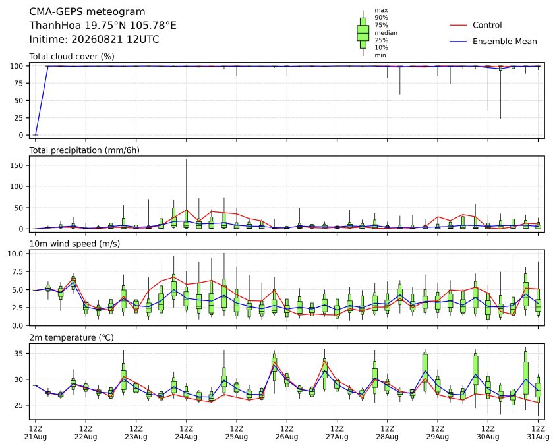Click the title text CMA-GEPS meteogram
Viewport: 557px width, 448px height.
click(x=87, y=12)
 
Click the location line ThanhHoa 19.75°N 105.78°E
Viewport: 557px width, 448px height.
click(x=103, y=26)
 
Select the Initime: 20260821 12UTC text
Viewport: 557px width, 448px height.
click(x=94, y=39)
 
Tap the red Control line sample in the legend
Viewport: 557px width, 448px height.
click(x=458, y=25)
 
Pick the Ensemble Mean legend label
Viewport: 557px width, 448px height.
click(x=504, y=42)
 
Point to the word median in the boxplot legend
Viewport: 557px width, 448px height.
click(x=386, y=33)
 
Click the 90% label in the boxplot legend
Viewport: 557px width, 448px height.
click(x=381, y=17)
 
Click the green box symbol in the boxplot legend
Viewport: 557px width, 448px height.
click(x=363, y=33)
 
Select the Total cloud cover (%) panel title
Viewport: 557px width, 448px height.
click(x=72, y=57)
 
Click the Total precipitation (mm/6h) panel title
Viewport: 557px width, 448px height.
click(x=84, y=150)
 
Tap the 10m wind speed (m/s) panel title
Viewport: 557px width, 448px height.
click(x=74, y=244)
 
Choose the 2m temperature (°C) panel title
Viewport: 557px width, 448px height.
click(x=71, y=337)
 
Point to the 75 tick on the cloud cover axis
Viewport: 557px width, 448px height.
click(x=18, y=84)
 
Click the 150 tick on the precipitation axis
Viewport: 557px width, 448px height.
click(x=16, y=165)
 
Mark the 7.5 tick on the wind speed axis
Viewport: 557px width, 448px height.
click(x=17, y=272)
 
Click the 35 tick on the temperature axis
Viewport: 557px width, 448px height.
click(x=18, y=354)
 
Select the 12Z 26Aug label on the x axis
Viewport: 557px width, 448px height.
click(x=287, y=433)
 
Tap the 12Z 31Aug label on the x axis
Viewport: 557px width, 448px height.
click(x=538, y=433)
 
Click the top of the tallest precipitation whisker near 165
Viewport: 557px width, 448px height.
click(x=186, y=159)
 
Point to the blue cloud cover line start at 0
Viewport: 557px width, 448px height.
click(x=35, y=135)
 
